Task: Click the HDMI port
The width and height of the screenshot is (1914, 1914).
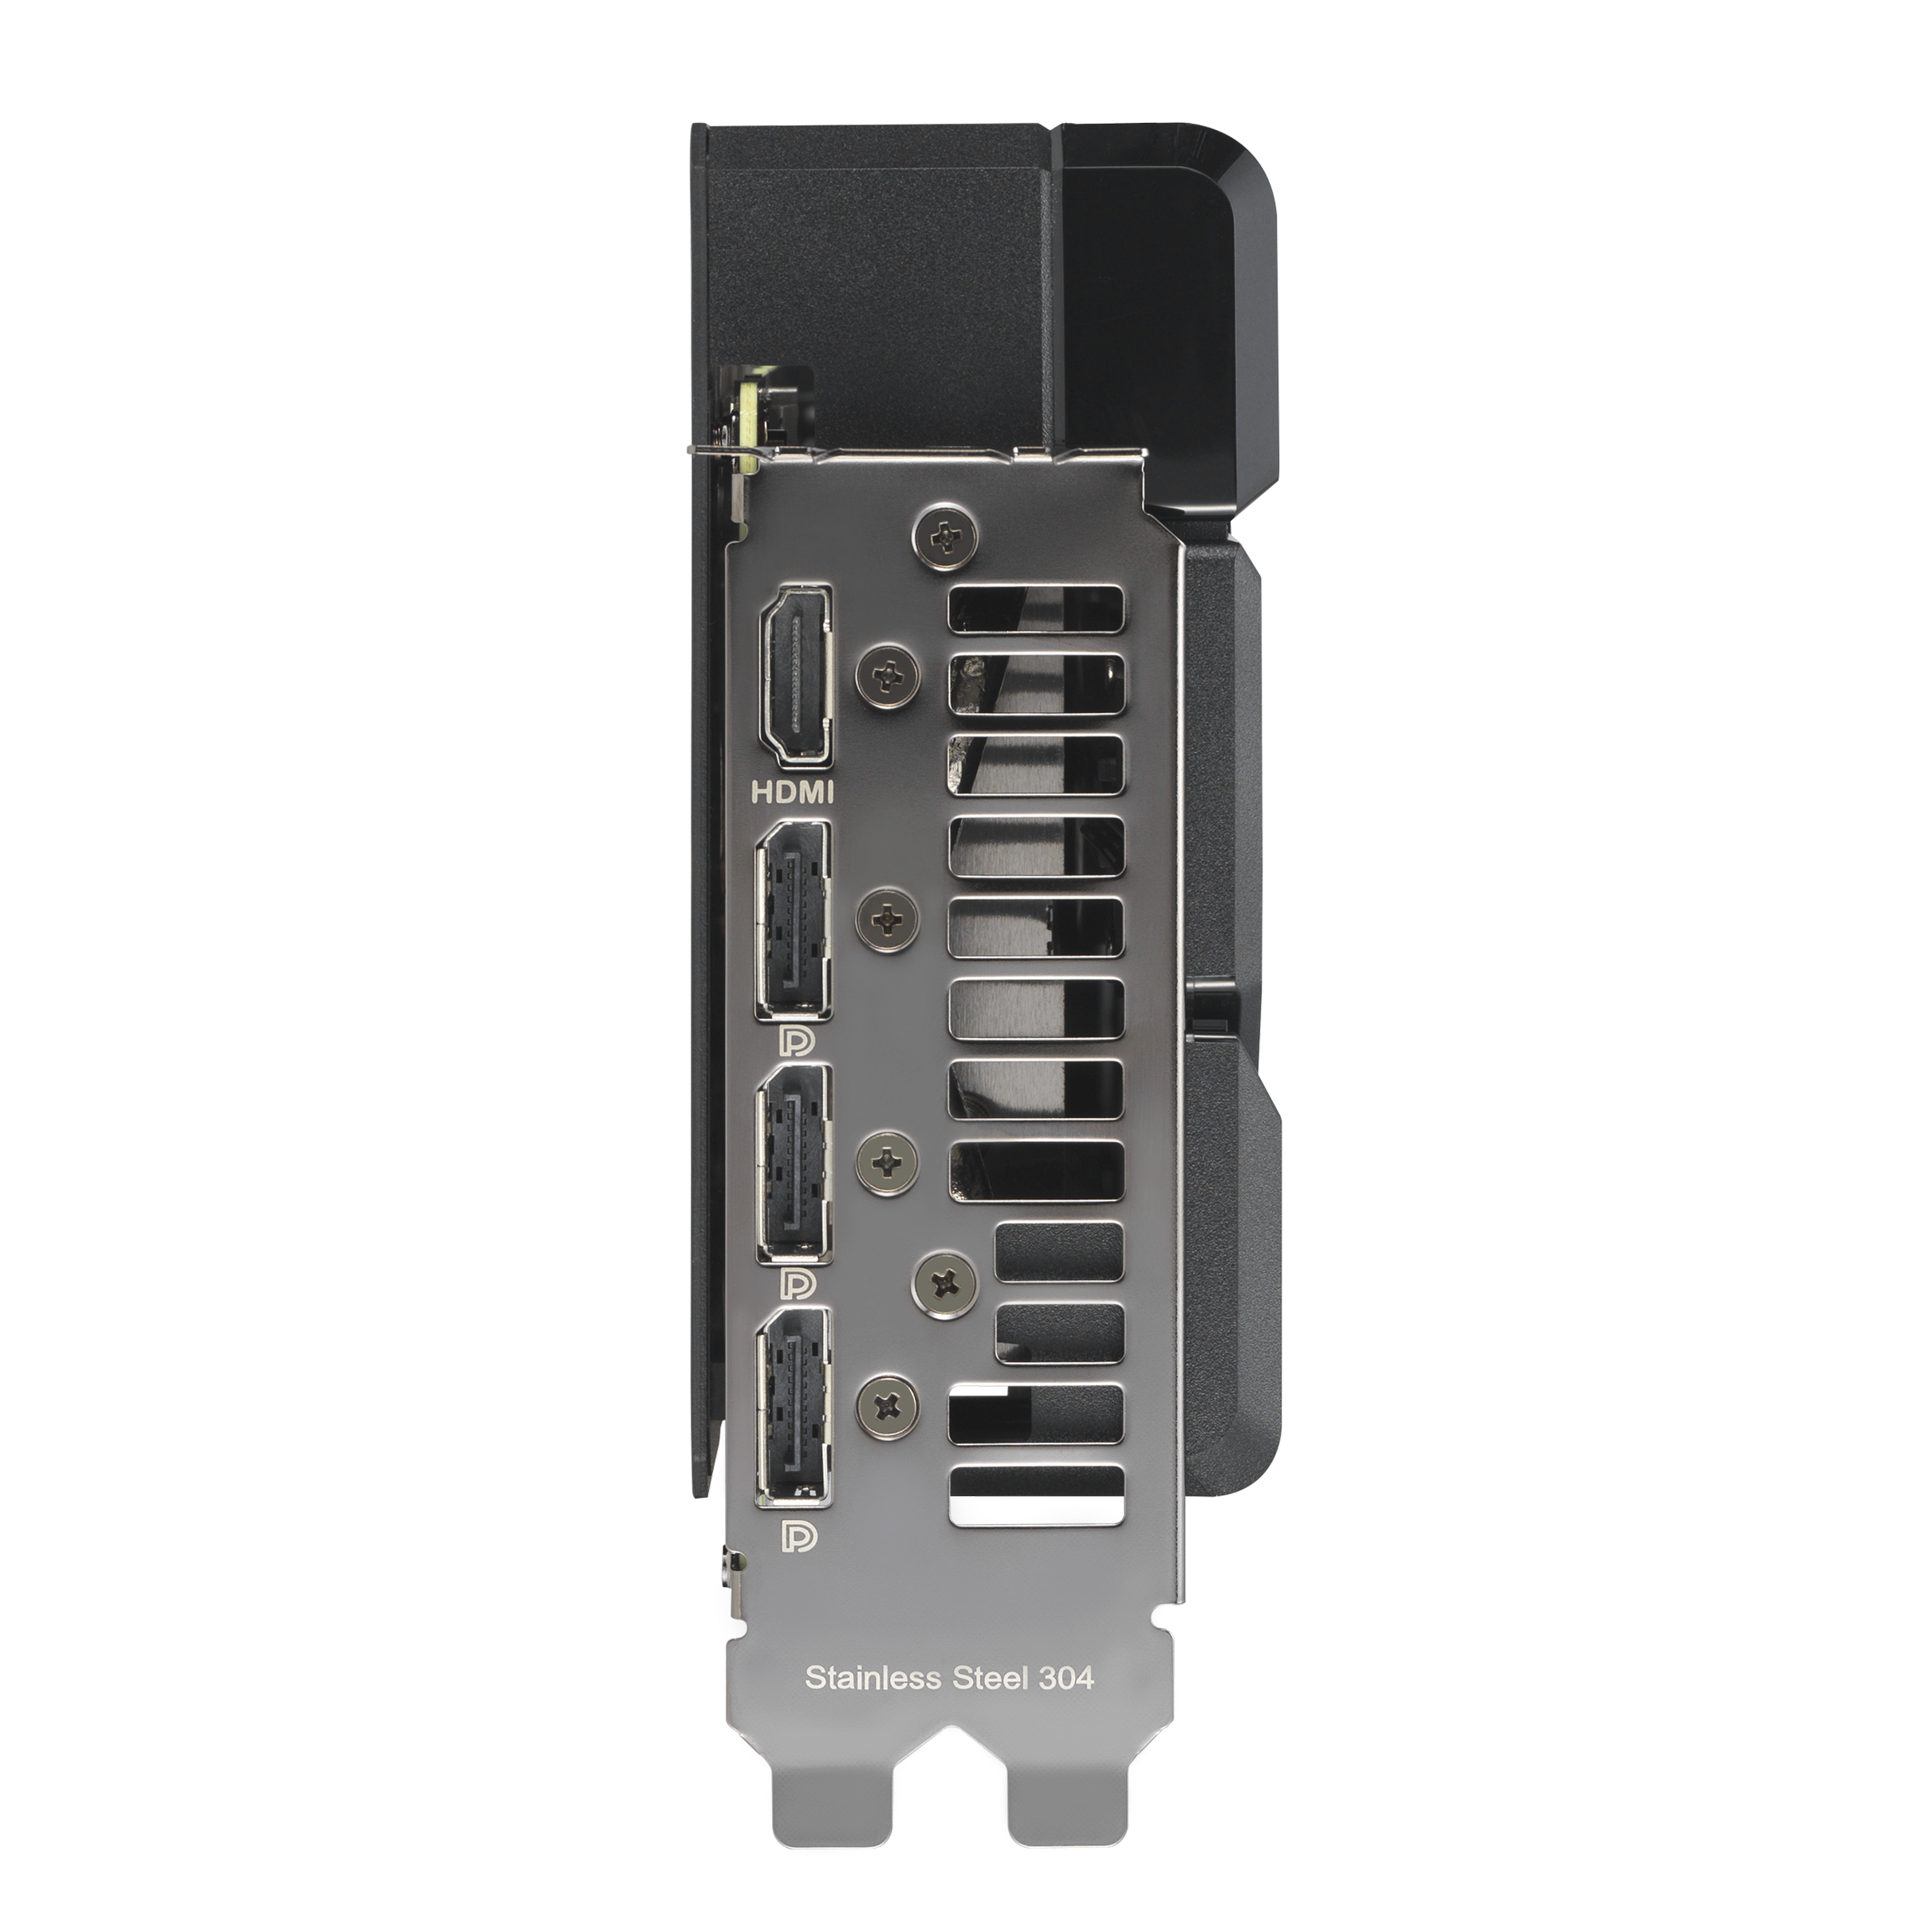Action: point(794,675)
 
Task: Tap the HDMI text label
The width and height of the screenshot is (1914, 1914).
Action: point(794,793)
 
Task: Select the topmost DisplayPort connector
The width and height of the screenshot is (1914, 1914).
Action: point(793,921)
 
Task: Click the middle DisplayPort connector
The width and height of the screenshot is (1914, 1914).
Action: point(793,1164)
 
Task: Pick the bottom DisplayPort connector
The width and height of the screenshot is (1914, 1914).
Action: point(793,1407)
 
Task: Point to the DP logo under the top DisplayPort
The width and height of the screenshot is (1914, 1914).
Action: point(797,1042)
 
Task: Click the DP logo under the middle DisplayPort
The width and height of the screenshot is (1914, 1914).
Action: point(798,1285)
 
